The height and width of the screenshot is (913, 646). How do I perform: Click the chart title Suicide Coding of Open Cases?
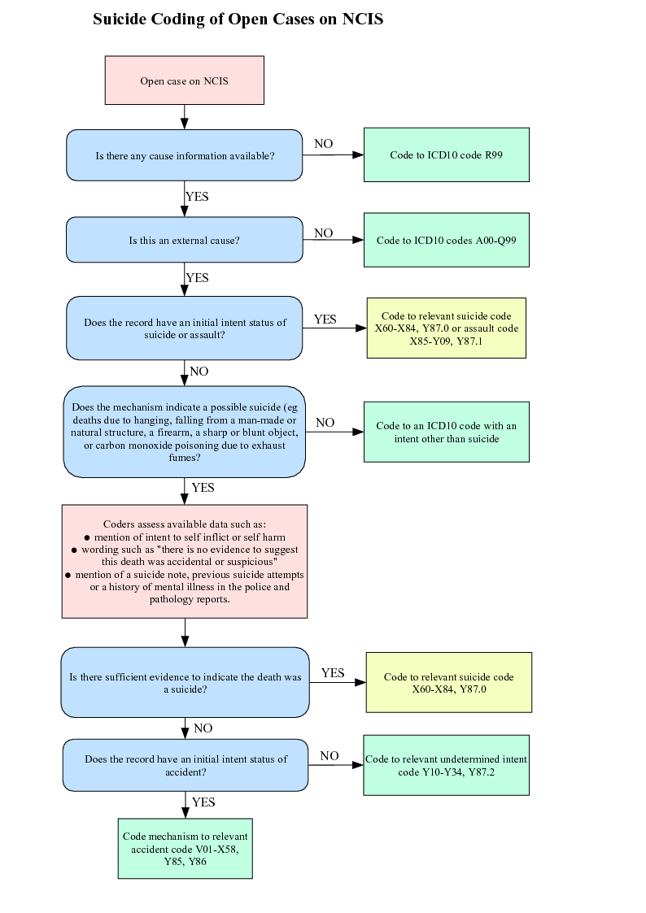pos(238,20)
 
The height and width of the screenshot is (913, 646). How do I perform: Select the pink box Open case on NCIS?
pos(185,80)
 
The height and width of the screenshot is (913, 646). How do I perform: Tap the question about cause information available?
pos(185,155)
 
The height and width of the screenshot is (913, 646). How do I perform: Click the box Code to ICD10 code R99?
pos(446,154)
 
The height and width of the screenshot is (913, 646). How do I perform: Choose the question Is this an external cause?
pos(185,240)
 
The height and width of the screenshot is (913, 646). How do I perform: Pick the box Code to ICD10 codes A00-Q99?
pos(446,240)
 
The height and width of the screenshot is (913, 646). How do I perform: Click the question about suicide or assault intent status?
pos(185,328)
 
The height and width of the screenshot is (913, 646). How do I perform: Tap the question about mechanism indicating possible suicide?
pos(185,432)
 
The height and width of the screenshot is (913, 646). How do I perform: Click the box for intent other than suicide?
pos(446,432)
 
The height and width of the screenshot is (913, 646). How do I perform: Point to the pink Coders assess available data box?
pos(185,561)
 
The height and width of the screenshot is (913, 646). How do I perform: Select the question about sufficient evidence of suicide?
pos(185,682)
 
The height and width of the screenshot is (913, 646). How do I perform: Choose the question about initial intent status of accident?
pos(186,765)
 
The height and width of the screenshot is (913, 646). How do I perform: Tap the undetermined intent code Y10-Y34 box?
pos(446,765)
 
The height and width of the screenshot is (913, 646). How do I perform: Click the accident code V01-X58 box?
pos(185,848)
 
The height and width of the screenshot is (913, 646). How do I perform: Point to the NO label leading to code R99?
pos(323,144)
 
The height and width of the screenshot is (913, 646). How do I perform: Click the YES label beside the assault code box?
pos(325,320)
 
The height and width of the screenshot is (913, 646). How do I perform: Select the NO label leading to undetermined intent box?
pos(329,756)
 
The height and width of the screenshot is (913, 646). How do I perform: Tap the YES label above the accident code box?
pos(203,802)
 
